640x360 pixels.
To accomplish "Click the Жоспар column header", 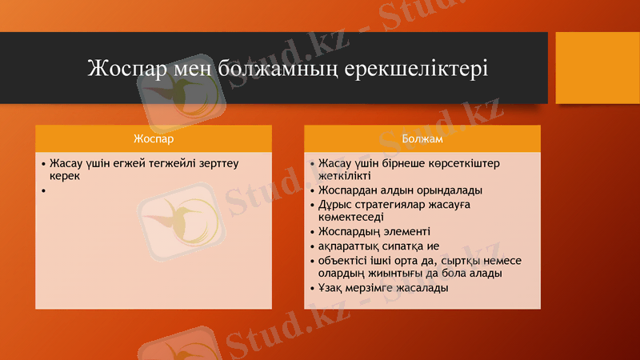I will point(153,138).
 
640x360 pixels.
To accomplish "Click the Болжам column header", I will point(422,138).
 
